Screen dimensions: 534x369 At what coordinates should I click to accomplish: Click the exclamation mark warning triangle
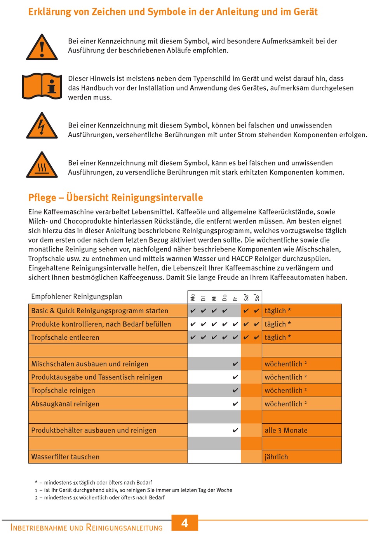(x=42, y=48)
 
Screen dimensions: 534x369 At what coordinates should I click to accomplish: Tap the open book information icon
(x=42, y=86)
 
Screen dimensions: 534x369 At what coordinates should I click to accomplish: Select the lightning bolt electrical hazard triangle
(x=42, y=126)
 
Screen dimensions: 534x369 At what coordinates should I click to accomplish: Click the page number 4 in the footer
(x=185, y=523)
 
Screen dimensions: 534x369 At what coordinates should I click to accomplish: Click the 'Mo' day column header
(x=193, y=297)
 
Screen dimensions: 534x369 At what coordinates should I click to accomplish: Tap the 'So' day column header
(x=256, y=297)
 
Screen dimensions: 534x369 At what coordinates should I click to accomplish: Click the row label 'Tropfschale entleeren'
(x=65, y=337)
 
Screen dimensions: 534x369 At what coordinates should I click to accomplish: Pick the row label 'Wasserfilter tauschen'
(x=65, y=457)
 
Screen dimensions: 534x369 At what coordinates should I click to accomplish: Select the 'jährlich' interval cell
(x=277, y=457)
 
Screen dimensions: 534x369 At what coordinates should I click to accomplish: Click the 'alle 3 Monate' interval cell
(x=286, y=430)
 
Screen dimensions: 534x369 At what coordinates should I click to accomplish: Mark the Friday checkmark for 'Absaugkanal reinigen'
(x=235, y=404)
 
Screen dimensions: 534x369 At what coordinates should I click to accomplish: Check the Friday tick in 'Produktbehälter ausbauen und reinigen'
(x=235, y=430)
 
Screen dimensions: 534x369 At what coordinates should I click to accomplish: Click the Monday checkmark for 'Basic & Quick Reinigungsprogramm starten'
(x=193, y=311)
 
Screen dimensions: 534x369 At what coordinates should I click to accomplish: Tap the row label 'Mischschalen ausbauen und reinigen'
(x=90, y=364)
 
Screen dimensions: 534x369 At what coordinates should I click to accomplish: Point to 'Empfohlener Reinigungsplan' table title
(x=77, y=297)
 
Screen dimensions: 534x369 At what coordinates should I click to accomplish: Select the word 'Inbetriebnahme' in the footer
(x=39, y=527)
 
